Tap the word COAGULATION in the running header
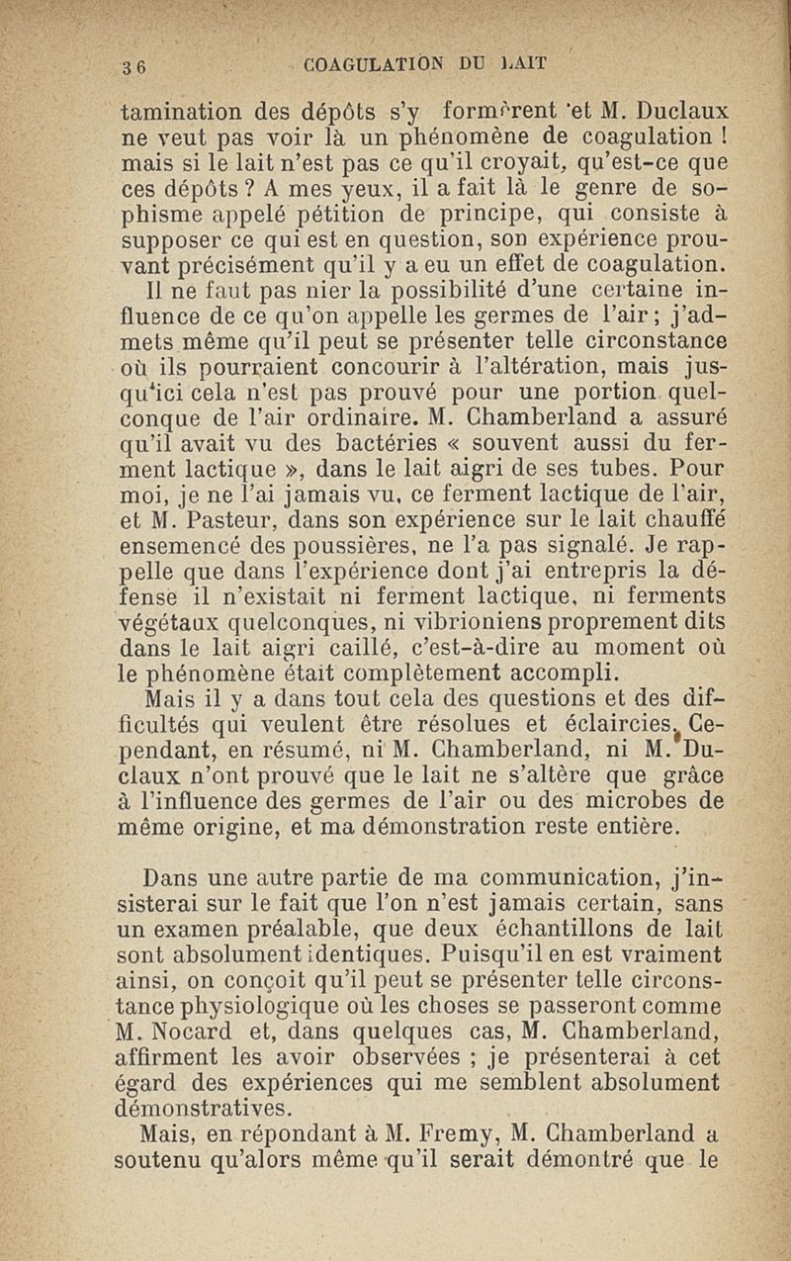pyautogui.click(x=380, y=66)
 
